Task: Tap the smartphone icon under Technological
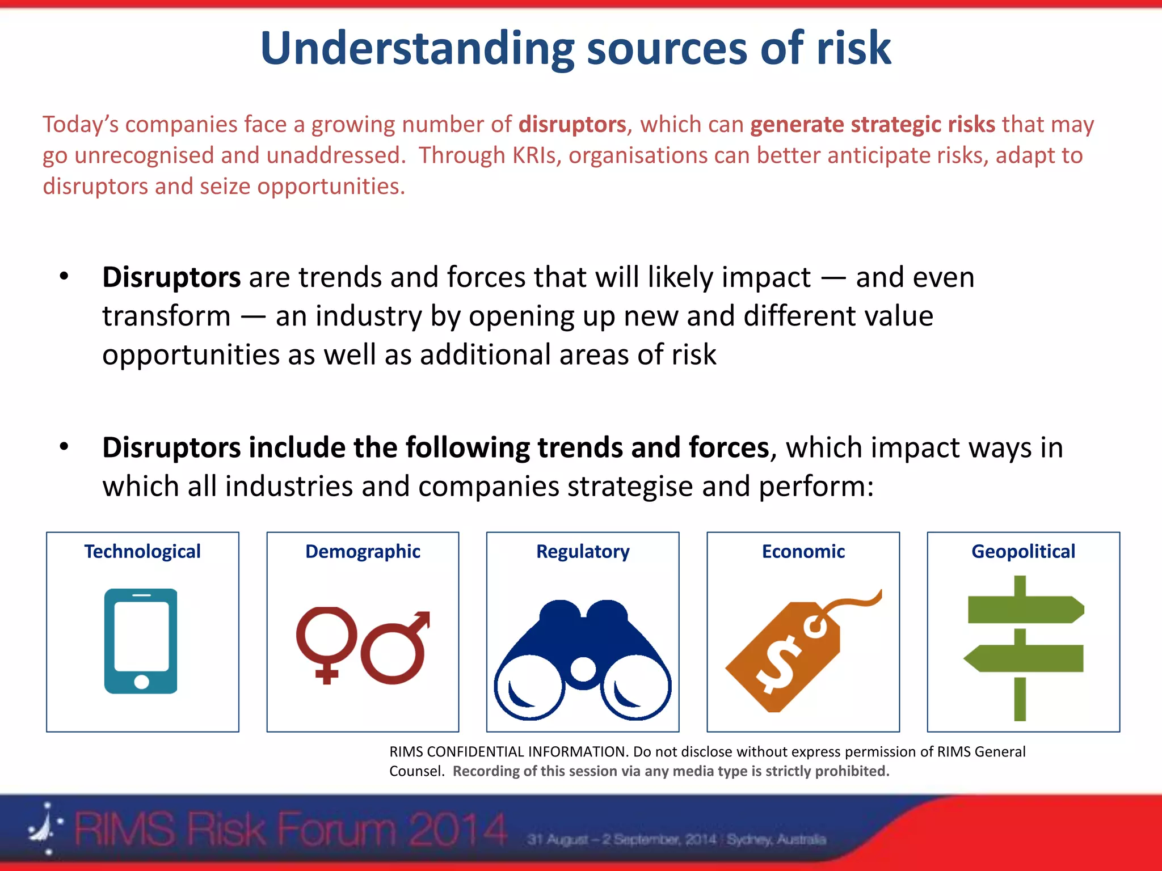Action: tap(141, 641)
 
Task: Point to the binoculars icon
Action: tap(583, 661)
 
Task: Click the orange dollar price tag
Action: tap(786, 658)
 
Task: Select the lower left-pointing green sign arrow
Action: tap(1025, 658)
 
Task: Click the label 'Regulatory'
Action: tap(583, 551)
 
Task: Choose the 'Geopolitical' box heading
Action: tap(1023, 551)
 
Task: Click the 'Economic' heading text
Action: tap(803, 551)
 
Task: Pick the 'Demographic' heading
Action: tap(363, 551)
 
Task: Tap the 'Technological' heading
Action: tap(142, 551)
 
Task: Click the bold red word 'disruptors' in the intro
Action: tap(572, 124)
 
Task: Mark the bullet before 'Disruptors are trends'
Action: tap(64, 277)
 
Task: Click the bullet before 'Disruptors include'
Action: tap(64, 447)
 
